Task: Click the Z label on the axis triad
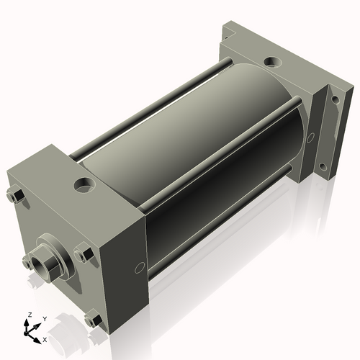(29, 315)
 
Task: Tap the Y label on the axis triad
(45, 318)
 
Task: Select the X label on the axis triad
(45, 338)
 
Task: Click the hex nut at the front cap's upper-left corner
(15, 197)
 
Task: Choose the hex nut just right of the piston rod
(83, 254)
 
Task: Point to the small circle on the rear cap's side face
(311, 136)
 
